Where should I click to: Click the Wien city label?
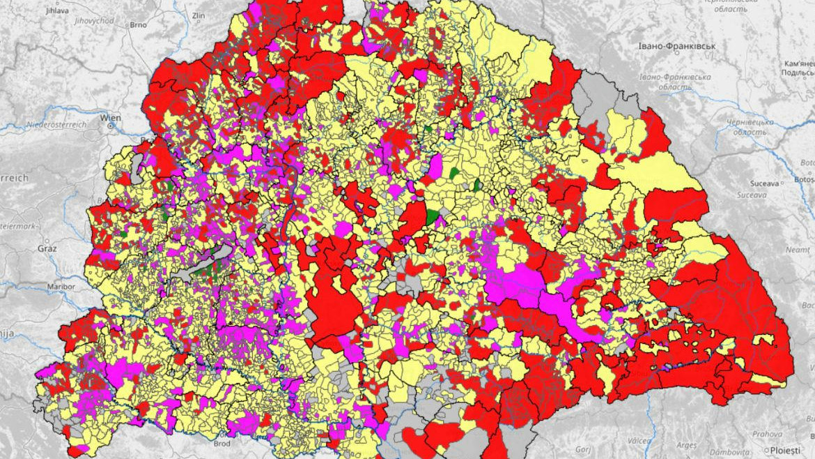[110, 118]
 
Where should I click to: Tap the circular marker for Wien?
[110, 127]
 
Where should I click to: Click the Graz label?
[46, 248]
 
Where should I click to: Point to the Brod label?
[222, 444]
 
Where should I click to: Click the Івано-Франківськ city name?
[677, 46]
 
